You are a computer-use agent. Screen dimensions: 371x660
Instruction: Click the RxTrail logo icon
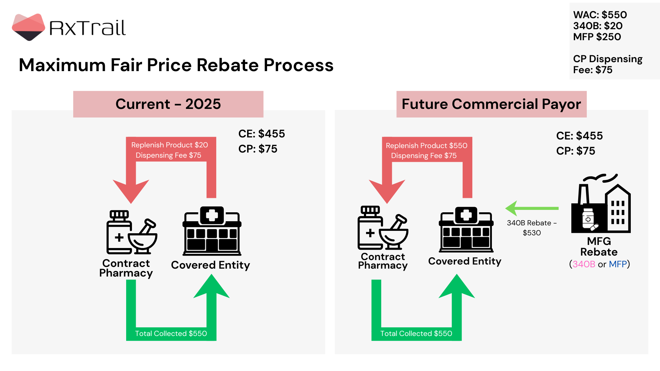(28, 27)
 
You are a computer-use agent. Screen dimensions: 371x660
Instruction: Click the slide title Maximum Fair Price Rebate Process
(176, 65)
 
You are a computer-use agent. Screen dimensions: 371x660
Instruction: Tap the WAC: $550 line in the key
(600, 15)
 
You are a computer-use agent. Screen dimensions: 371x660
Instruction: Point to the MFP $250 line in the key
(597, 37)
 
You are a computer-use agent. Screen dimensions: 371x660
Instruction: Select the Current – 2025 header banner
(168, 104)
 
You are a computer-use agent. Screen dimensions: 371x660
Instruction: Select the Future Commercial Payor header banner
(491, 104)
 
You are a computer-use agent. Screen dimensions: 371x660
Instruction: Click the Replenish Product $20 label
(169, 145)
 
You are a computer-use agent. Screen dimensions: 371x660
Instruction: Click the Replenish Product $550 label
(426, 146)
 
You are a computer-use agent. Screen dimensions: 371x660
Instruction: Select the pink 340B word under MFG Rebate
(584, 264)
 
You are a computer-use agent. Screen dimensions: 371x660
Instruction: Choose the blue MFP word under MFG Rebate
(618, 264)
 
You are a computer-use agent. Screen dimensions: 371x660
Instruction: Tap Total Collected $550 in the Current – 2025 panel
(171, 334)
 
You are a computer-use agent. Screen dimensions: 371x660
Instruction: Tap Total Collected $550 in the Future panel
(416, 334)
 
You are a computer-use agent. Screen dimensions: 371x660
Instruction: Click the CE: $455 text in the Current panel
(262, 134)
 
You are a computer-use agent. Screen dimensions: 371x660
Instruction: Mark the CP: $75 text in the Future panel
(575, 151)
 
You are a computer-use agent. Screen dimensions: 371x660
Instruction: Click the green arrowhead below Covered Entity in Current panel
(211, 287)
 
